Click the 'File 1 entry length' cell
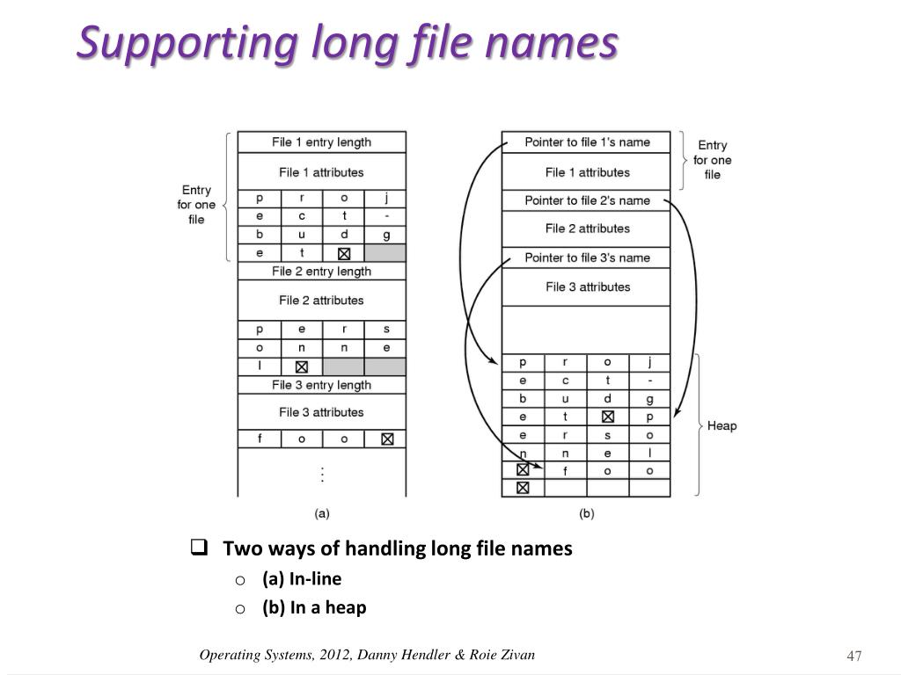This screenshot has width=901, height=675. pos(321,142)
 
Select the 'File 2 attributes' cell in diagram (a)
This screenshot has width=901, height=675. pos(321,301)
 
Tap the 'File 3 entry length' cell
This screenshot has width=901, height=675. pos(321,385)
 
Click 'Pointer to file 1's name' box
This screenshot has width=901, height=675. pos(587,142)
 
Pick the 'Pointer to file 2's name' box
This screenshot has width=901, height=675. pos(587,200)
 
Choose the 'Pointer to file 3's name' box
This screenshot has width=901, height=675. pos(587,258)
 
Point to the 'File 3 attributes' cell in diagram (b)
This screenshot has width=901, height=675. pos(587,287)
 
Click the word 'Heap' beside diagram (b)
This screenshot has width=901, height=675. pos(722,426)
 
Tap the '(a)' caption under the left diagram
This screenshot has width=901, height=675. pos(322,513)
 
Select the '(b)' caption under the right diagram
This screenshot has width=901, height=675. pos(586,513)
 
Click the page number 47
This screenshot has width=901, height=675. pos(853,657)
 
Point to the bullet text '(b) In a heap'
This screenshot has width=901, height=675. pos(314,607)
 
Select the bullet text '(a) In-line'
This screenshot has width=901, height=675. pos(302,578)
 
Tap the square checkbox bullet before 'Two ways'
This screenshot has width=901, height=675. pos(198,548)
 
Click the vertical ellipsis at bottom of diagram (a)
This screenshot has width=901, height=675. pos(323,475)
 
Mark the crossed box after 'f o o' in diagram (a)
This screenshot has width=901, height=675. pos(387,439)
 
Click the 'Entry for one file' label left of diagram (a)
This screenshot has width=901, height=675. pos(196,205)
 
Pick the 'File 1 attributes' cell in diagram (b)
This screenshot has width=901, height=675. pos(587,172)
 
